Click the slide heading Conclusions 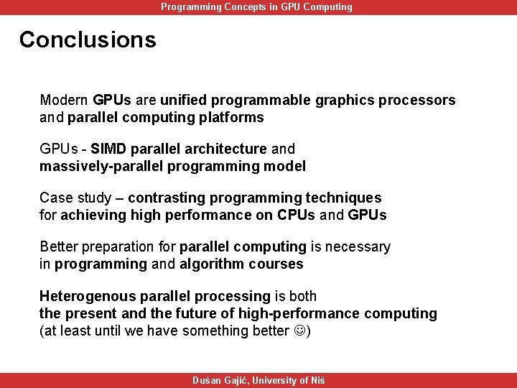pos(88,40)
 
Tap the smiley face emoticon pos(298,331)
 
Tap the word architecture pos(225,149)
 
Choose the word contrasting pos(167,198)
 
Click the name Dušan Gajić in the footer pos(220,381)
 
